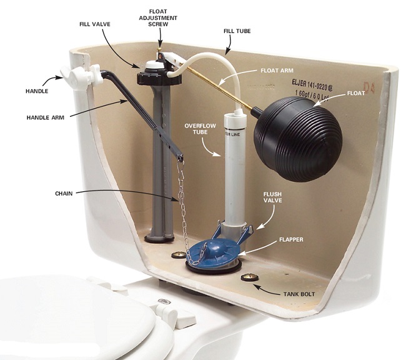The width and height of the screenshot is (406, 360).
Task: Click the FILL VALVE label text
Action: point(96,24)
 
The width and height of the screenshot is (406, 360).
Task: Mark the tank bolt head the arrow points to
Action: point(252,277)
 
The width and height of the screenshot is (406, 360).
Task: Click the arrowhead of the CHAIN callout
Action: point(172,200)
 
